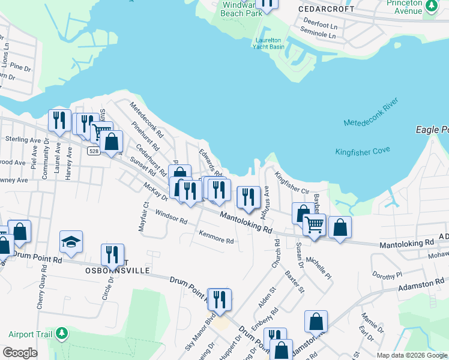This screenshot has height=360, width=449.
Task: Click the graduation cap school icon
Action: tap(71, 241)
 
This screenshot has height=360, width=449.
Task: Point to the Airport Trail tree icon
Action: tap(61, 333)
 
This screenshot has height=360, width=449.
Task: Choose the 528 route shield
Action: tap(92, 151)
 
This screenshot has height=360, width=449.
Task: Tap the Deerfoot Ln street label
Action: tap(320, 26)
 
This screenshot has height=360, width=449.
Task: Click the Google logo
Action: tap(20, 353)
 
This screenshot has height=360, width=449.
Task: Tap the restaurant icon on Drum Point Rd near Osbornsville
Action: tap(112, 254)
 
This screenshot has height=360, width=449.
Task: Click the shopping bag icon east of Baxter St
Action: tap(316, 321)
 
